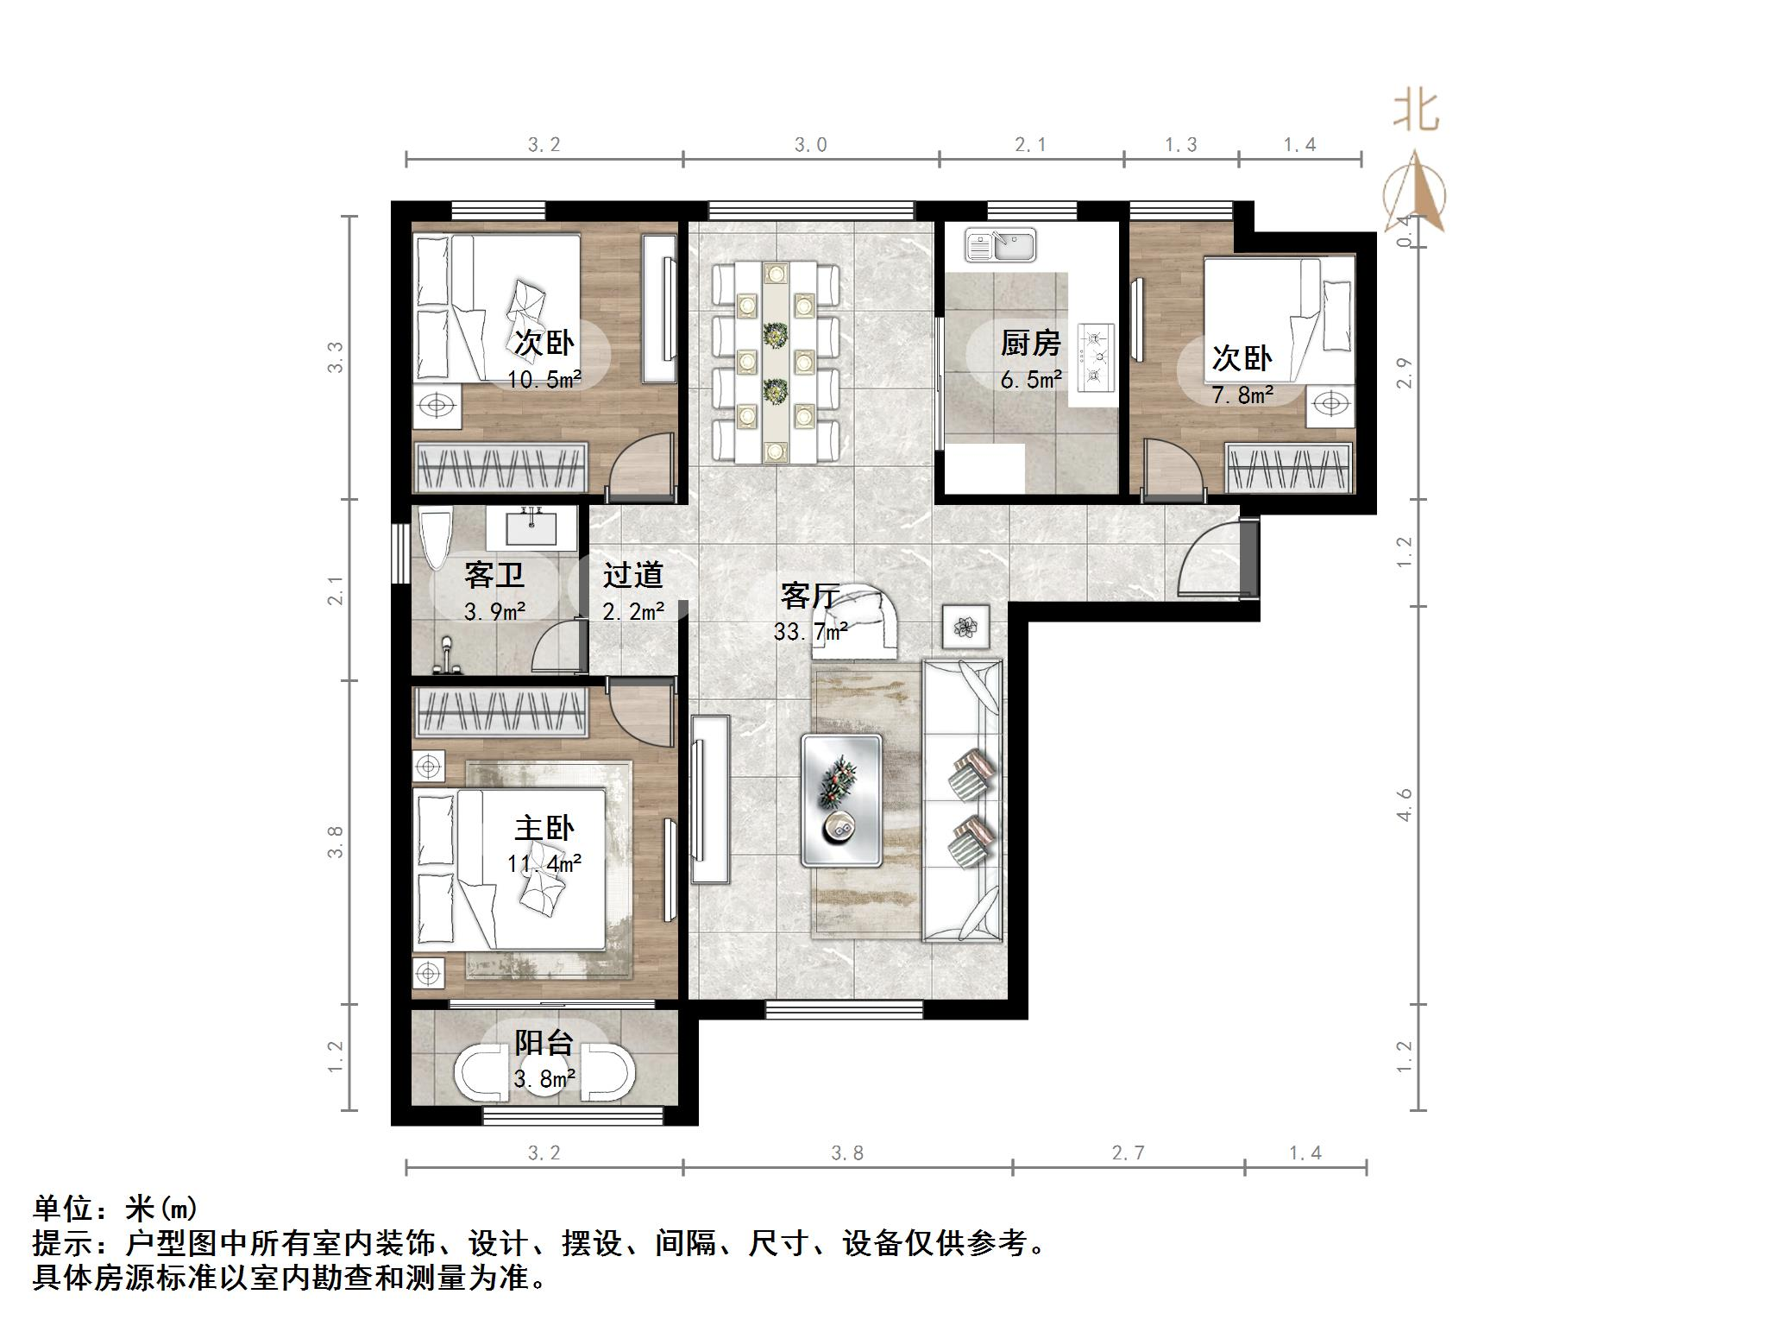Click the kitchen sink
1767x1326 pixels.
(1000, 245)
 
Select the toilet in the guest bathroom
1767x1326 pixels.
(435, 539)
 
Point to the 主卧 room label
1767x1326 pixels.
(544, 829)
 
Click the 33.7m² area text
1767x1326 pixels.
(810, 632)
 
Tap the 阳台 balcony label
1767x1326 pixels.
(544, 1043)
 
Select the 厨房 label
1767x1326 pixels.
(1030, 344)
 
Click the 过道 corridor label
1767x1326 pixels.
(632, 575)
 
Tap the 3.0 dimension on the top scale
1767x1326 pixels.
(810, 145)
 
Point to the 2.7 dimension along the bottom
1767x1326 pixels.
(1128, 1153)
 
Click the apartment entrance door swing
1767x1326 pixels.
(1208, 561)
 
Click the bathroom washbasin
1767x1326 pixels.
(531, 527)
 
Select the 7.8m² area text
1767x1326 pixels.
(1243, 395)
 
